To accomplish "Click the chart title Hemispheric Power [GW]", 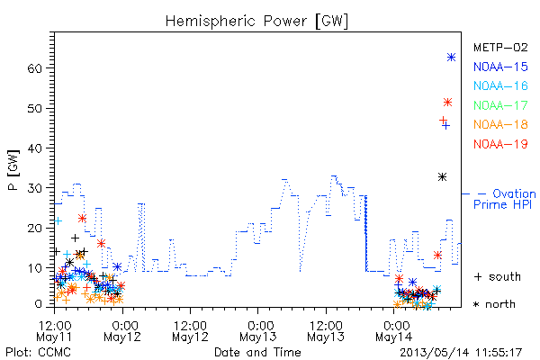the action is click(256, 22).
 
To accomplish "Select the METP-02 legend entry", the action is click(500, 47).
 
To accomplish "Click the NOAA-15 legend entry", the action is click(500, 67).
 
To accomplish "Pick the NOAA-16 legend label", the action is click(500, 85).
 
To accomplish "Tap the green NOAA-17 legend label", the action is click(500, 105).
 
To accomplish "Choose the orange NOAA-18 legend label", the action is click(500, 124).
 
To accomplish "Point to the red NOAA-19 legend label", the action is click(500, 144).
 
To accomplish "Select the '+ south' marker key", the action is click(498, 276).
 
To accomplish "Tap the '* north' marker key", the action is click(494, 304).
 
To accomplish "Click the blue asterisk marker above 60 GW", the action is click(451, 58).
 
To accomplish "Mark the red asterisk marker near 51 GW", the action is click(447, 103).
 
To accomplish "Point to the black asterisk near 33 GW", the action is click(442, 177).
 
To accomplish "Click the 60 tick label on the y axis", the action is click(34, 68).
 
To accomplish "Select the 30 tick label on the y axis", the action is click(34, 188).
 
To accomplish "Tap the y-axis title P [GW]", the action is click(13, 170).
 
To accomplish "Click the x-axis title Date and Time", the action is click(257, 352).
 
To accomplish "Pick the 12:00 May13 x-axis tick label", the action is click(326, 331).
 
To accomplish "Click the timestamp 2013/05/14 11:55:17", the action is click(461, 353).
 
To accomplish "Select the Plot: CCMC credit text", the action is click(38, 352).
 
